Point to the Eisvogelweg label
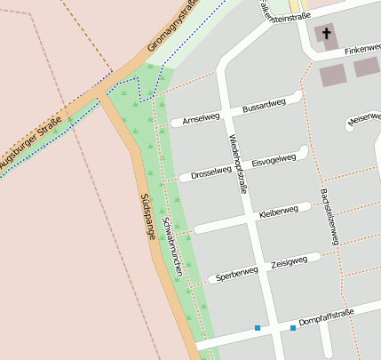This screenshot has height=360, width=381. [274, 161]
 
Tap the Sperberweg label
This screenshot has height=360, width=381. [236, 275]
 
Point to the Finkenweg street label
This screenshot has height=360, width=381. [362, 52]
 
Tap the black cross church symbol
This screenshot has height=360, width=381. [326, 35]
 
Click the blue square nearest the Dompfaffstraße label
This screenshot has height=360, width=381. [292, 328]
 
